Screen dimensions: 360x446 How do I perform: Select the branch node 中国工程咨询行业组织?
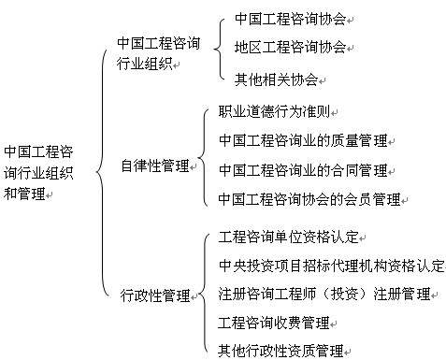pyautogui.click(x=158, y=53)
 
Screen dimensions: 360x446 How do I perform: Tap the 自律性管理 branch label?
pyautogui.click(x=154, y=166)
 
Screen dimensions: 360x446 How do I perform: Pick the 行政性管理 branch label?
pyautogui.click(x=154, y=296)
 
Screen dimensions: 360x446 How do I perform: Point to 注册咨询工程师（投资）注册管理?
pyautogui.click(x=324, y=294)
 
